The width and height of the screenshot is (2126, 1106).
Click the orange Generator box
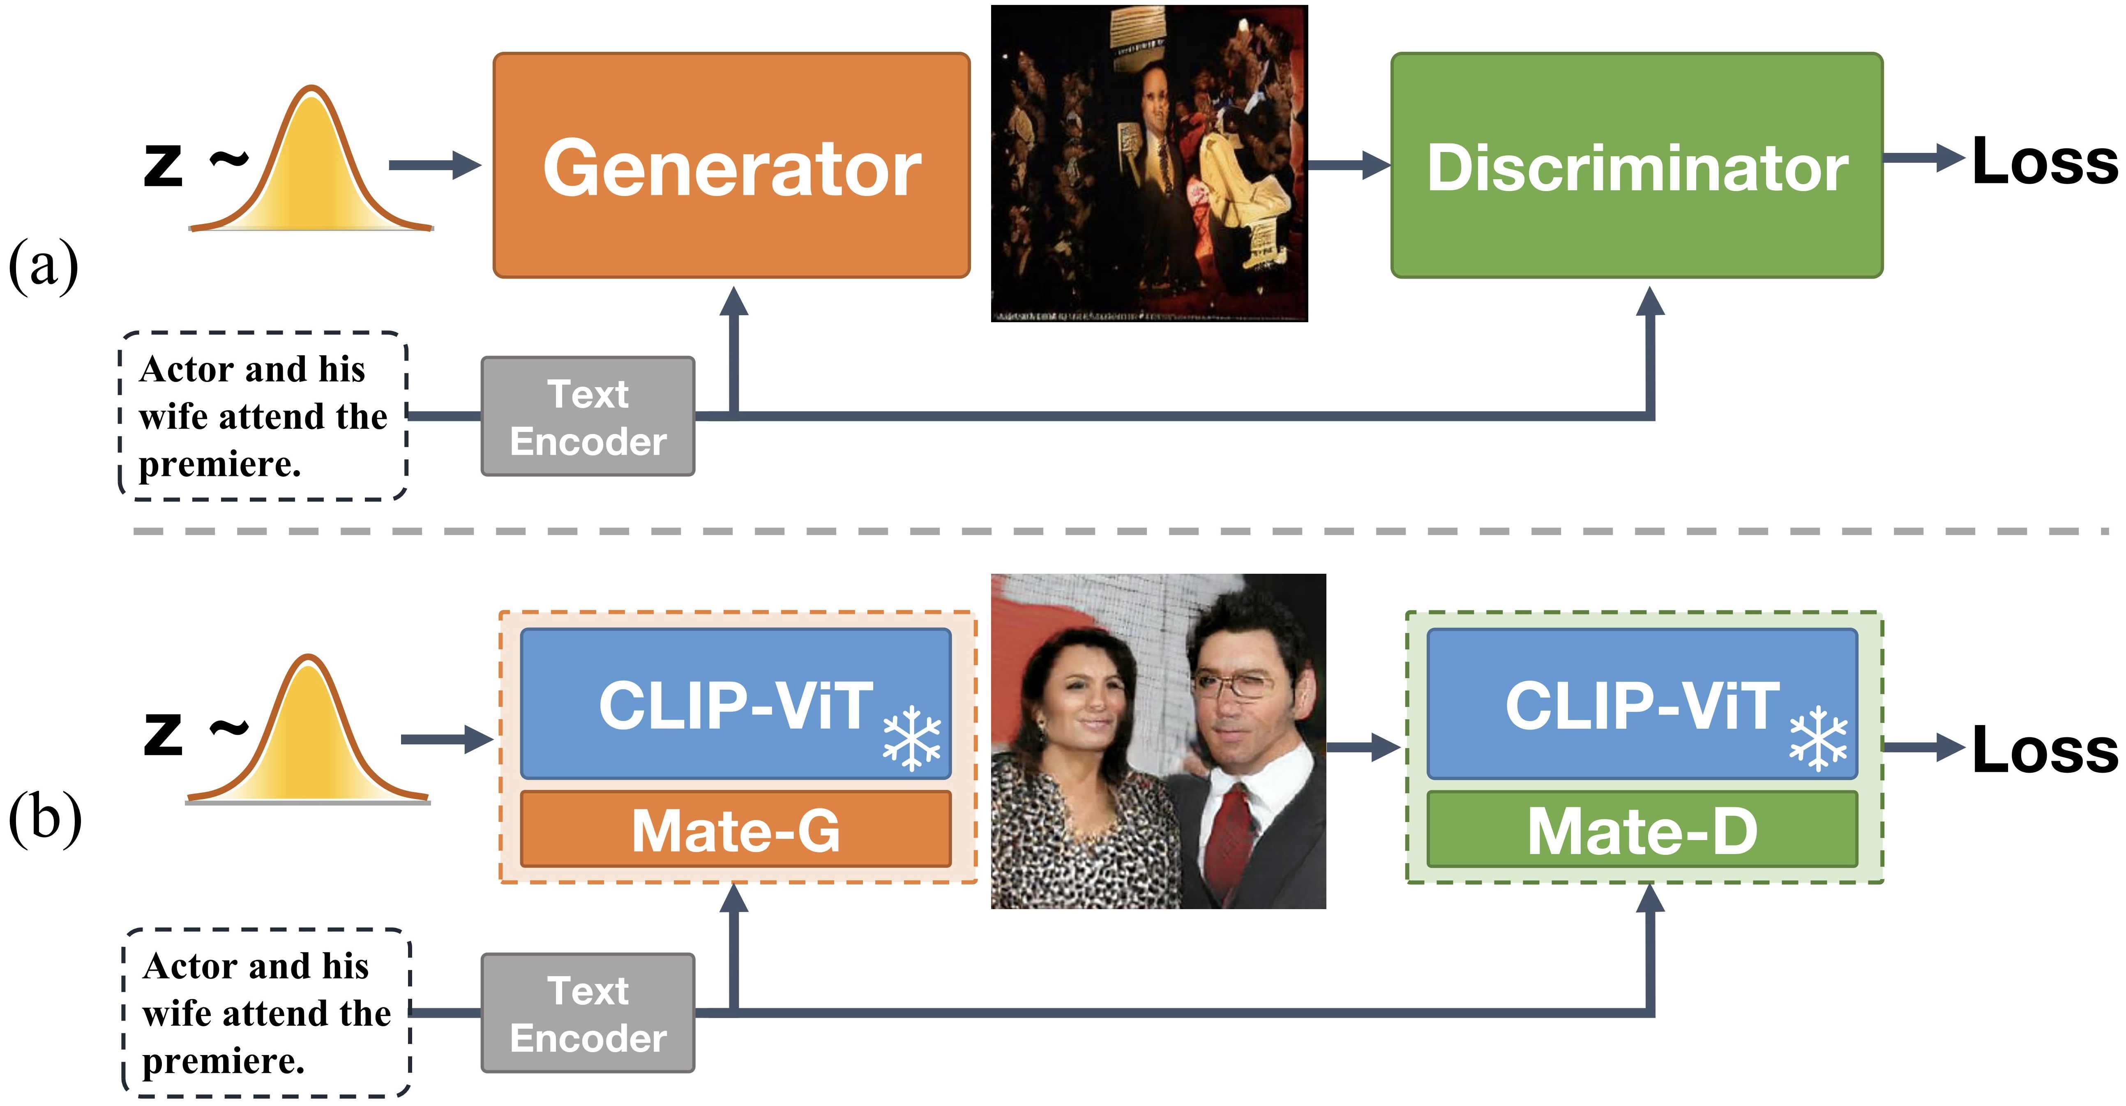[731, 165]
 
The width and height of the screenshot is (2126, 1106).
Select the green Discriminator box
[1637, 165]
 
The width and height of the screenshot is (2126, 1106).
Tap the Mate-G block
[736, 829]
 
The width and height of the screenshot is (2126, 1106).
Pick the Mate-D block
[1642, 829]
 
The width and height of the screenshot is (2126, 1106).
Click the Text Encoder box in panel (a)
[588, 417]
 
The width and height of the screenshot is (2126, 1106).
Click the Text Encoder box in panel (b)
[588, 1014]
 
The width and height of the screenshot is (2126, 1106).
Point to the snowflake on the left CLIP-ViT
[911, 737]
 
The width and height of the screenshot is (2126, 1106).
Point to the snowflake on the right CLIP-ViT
[1818, 737]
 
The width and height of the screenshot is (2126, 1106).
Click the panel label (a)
[43, 266]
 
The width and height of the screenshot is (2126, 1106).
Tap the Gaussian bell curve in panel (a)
[310, 165]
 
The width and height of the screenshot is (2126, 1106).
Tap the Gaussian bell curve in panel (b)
[307, 734]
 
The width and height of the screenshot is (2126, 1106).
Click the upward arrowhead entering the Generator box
[733, 302]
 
